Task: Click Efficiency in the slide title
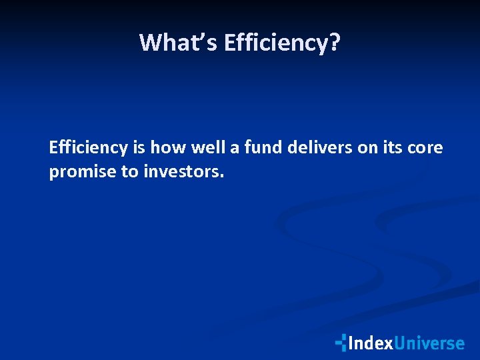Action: (x=275, y=43)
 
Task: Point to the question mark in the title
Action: (x=334, y=43)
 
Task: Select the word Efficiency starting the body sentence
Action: (x=88, y=148)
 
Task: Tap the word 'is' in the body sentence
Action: (x=139, y=148)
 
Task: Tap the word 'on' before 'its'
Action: (x=367, y=148)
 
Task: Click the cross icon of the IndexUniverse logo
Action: (x=341, y=343)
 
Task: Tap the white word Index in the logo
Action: (x=370, y=343)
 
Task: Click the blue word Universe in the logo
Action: (x=429, y=343)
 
